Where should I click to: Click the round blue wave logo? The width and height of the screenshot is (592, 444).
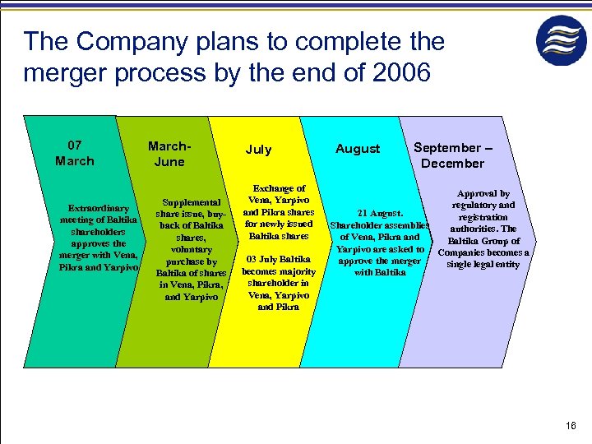[562, 40]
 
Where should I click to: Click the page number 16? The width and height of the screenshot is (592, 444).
[571, 425]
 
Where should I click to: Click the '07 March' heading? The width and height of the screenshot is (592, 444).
[74, 153]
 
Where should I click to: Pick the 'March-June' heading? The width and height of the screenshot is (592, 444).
[169, 154]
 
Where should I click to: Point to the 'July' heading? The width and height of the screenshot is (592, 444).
[258, 150]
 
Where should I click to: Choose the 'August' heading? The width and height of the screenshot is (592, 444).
[358, 149]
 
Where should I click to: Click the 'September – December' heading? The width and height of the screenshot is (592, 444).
[452, 155]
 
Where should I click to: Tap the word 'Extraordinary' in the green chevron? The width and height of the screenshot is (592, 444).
[99, 208]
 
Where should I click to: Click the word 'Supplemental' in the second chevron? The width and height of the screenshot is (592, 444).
[191, 202]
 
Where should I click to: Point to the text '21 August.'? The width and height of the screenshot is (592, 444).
[379, 214]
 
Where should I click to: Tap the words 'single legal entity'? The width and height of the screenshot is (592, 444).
[483, 264]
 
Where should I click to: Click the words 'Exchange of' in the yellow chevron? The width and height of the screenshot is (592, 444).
[279, 188]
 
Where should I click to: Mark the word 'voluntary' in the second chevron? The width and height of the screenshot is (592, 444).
[191, 249]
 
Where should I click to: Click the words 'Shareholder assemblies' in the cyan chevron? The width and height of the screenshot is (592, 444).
[379, 225]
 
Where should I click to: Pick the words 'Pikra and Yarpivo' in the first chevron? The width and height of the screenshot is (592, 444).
[97, 267]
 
